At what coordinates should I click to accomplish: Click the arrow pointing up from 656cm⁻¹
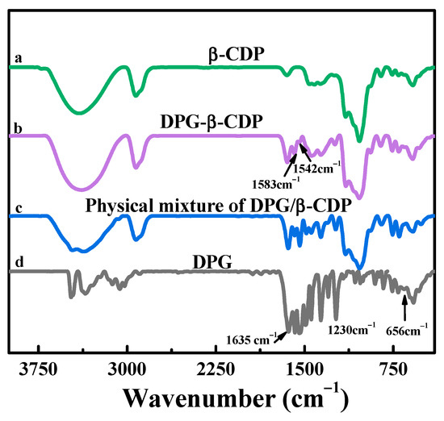click(x=404, y=306)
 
